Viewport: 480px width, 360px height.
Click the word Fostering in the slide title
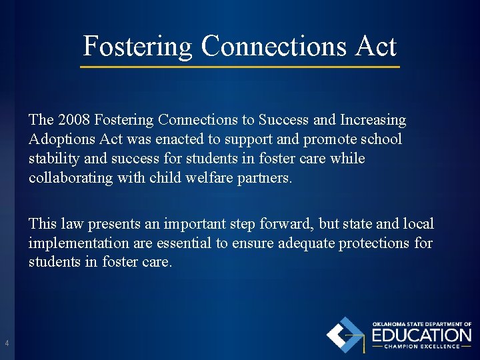coord(137,47)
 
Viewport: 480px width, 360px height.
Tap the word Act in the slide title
coord(376,47)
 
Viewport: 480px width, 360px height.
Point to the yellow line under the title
coord(240,67)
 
